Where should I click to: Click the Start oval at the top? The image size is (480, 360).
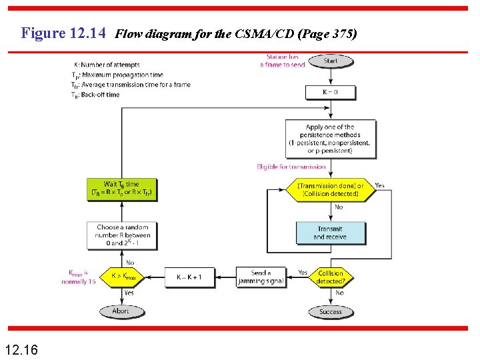point(330,61)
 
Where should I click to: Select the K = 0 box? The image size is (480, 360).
point(330,91)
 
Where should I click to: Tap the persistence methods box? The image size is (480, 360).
point(329,139)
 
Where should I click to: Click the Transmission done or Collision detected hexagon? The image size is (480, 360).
point(331,189)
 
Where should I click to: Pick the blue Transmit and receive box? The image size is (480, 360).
point(331,233)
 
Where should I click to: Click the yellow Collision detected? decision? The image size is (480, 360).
point(331,277)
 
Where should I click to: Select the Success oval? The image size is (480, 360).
point(331,311)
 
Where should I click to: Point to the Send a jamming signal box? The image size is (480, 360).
point(261,277)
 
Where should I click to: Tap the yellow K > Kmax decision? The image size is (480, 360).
point(122,277)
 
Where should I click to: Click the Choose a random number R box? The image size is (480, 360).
point(122,235)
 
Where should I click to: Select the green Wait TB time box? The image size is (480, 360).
point(121,189)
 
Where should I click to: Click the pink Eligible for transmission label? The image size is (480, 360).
point(291,167)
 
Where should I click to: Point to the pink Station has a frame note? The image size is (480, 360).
point(283,61)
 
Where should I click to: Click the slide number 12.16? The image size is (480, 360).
point(21,349)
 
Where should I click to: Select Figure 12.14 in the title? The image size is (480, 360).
point(63,33)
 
